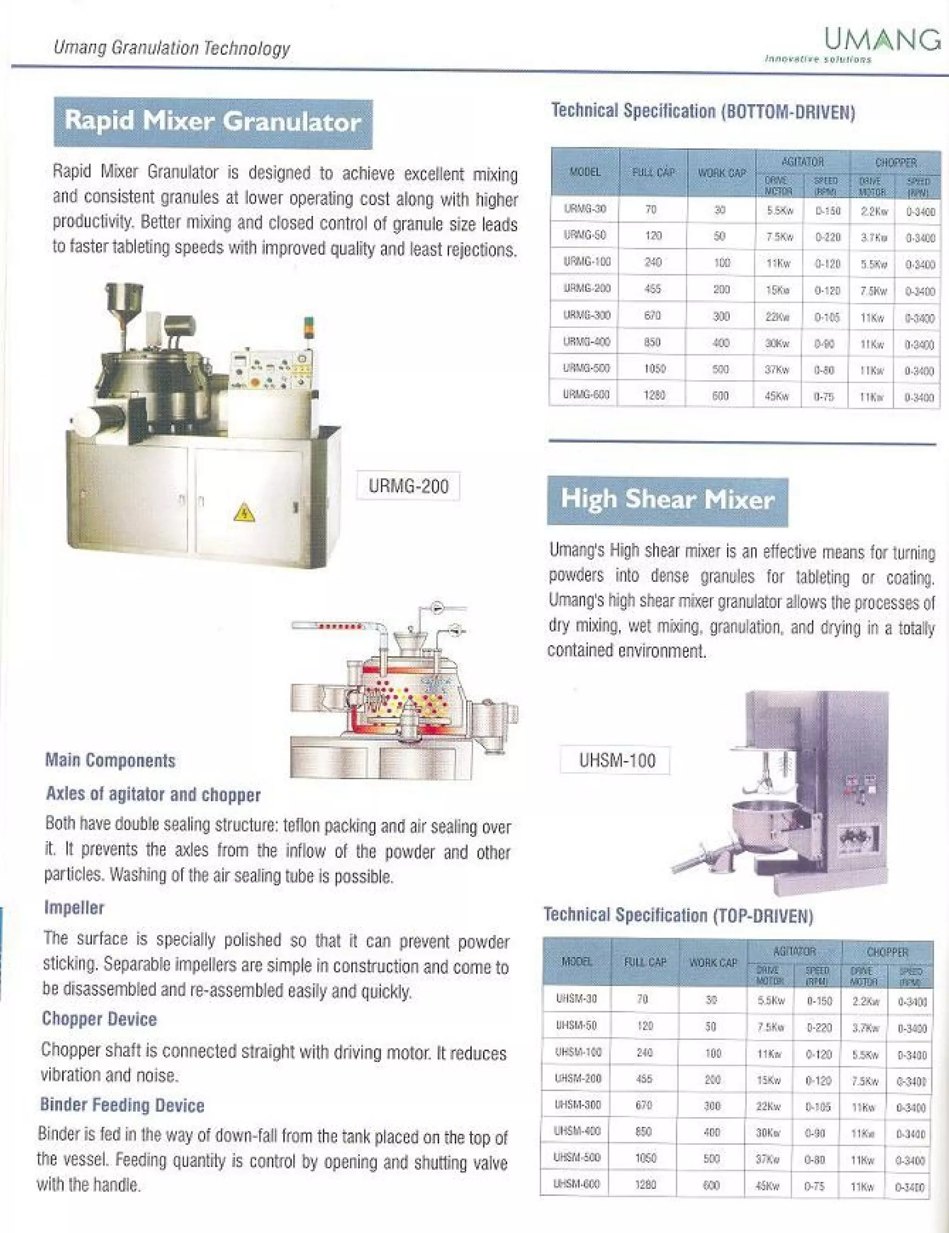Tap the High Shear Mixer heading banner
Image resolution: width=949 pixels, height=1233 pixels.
[667, 501]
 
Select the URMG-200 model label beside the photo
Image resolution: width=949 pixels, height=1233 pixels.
[408, 486]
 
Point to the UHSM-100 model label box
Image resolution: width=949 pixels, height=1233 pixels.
[616, 761]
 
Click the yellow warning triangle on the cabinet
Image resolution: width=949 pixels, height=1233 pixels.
[244, 513]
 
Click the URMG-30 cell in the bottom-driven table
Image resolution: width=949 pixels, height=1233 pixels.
[585, 209]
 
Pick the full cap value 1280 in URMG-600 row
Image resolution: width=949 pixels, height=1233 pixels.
[653, 395]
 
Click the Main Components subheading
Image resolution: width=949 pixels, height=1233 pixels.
[110, 761]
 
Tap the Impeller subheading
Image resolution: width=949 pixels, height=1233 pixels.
[74, 908]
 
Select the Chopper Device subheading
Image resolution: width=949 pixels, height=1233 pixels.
[99, 1019]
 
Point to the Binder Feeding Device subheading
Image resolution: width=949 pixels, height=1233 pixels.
[122, 1105]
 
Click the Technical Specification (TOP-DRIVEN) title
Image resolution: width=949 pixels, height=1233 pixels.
[678, 915]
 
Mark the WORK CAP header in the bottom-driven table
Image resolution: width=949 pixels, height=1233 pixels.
[721, 173]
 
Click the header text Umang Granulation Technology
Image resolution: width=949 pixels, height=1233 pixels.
[172, 48]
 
